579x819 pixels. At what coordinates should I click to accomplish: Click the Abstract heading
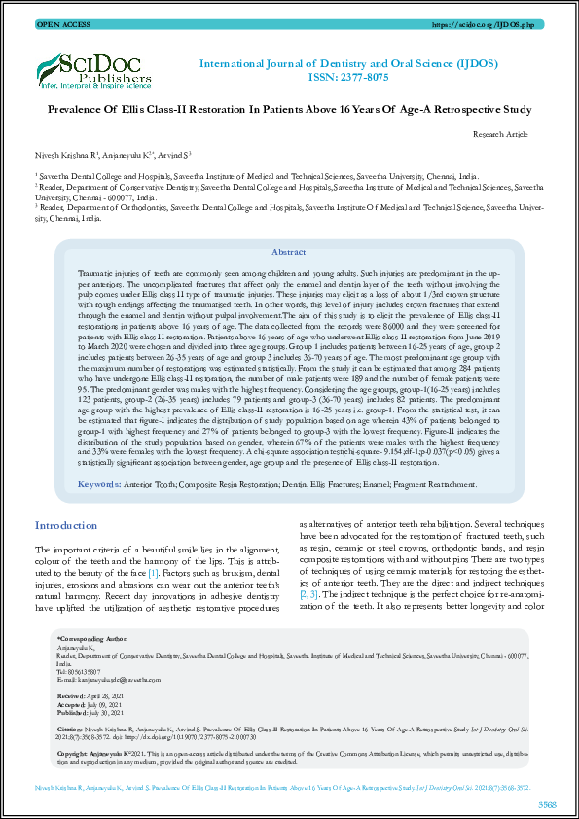pyautogui.click(x=289, y=251)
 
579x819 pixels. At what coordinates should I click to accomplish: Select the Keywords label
pyautogui.click(x=99, y=483)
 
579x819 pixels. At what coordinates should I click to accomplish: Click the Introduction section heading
pyautogui.click(x=66, y=525)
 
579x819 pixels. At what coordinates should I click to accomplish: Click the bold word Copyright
pyautogui.click(x=73, y=752)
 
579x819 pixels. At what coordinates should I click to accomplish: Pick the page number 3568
pyautogui.click(x=546, y=803)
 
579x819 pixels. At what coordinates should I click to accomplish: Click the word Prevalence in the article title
pyautogui.click(x=84, y=110)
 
